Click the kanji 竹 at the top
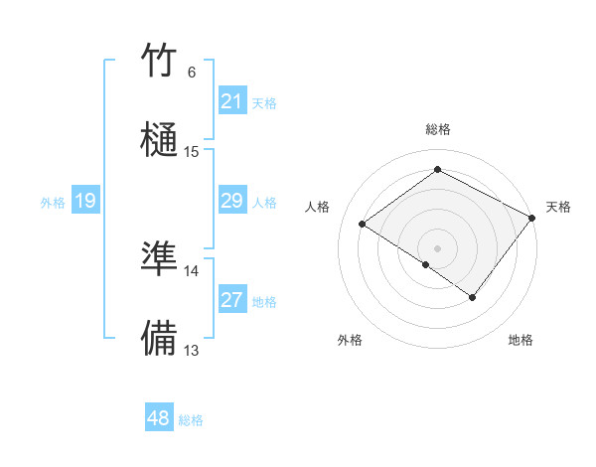[160, 62]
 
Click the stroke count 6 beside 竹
[192, 73]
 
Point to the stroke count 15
[192, 152]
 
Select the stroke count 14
[192, 270]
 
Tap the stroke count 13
[192, 350]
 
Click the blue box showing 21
[232, 101]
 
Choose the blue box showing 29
[232, 202]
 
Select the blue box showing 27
[232, 300]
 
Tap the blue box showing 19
[85, 202]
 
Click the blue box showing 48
[159, 418]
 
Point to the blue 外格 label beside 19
[53, 203]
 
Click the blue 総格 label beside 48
[191, 420]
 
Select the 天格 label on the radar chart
[558, 207]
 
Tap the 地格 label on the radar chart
[521, 340]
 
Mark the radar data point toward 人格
[363, 224]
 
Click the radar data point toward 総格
[437, 169]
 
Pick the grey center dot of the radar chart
[437, 247]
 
